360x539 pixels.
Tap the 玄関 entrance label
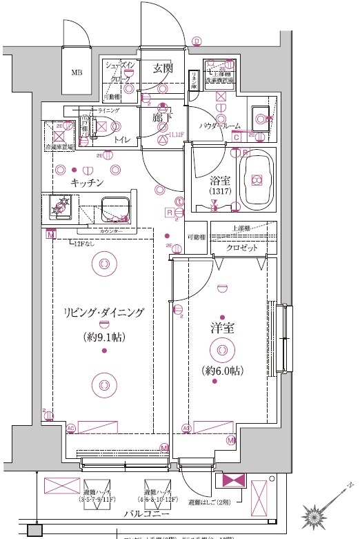pyautogui.click(x=163, y=68)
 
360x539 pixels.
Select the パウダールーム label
pyautogui.click(x=220, y=126)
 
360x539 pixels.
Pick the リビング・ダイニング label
pyautogui.click(x=102, y=313)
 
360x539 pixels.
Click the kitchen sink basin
pyautogui.click(x=114, y=206)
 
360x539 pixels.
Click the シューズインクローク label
pyautogui.click(x=121, y=70)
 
